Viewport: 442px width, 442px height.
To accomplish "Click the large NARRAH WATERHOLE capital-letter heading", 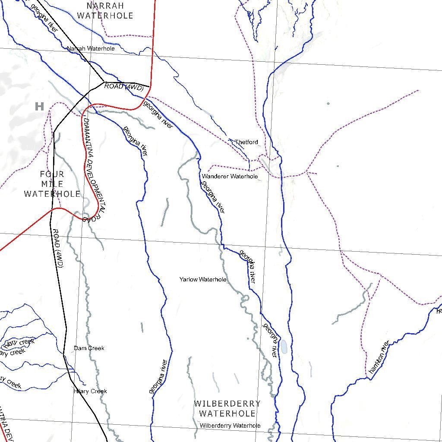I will pos(105,11).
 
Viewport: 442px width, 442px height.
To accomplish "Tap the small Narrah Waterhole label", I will pos(91,49).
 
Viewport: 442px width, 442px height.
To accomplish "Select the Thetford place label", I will pos(246,142).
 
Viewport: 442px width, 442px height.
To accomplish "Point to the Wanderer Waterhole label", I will pos(230,176).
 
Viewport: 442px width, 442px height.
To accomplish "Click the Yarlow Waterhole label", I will pos(203,280).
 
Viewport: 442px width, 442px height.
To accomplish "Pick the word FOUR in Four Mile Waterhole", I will pos(52,174).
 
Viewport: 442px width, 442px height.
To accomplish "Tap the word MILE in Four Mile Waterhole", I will pos(52,184).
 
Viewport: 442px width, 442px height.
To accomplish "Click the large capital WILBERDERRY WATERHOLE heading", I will pos(227,409).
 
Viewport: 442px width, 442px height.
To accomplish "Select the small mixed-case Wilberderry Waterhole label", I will pos(230,426).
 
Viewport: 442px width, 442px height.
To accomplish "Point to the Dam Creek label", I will pos(89,348).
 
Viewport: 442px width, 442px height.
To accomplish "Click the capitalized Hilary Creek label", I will pos(90,391).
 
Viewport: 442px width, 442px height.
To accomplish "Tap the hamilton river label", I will pos(379,357).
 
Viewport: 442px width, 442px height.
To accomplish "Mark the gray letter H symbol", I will pos(39,106).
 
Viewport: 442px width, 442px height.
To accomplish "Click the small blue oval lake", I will pos(284,346).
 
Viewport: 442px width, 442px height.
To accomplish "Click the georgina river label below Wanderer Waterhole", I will pos(213,197).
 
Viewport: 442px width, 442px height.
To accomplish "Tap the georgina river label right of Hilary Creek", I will pos(158,376).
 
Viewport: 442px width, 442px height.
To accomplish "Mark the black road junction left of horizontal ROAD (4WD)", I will pos(104,82).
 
